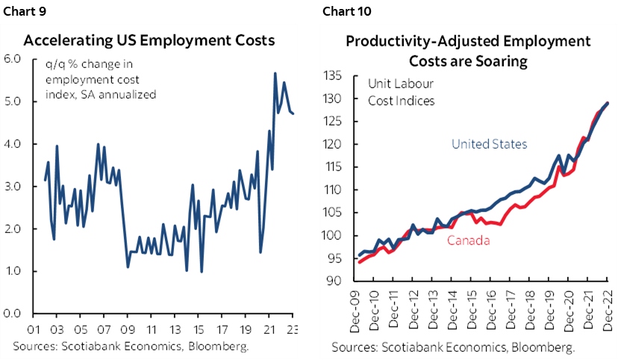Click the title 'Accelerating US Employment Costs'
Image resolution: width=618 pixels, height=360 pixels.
point(149,40)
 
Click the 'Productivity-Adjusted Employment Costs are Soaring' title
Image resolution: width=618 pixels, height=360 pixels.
point(468,51)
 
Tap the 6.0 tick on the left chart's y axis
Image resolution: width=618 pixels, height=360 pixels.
point(13,59)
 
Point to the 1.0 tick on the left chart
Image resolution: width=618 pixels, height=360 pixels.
point(13,271)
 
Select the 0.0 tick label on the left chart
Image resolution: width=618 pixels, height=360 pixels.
point(13,314)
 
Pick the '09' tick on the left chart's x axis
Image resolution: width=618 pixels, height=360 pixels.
point(128,329)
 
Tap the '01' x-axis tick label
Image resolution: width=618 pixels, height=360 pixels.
point(34,329)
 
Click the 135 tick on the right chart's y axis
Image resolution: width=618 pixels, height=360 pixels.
point(331,76)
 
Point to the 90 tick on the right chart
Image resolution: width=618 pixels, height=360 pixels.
point(334,281)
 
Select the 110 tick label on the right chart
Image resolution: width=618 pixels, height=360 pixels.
point(331,190)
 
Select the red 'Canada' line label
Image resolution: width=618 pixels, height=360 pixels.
point(469,240)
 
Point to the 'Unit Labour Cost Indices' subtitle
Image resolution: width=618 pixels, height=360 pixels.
point(400,92)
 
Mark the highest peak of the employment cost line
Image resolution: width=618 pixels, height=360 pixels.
point(275,73)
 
